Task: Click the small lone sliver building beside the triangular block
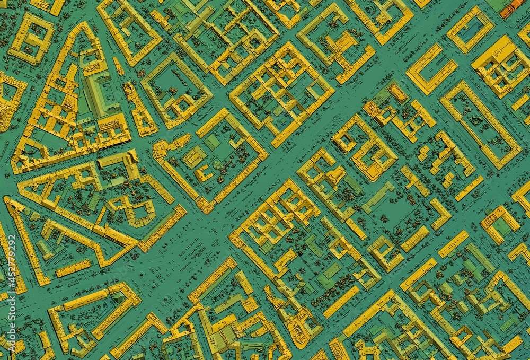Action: point(118,66)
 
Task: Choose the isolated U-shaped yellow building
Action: point(431,69)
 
